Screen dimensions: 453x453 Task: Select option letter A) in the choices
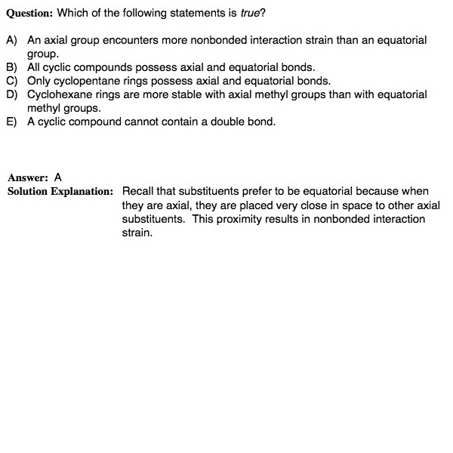pos(12,40)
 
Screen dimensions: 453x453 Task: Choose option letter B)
pos(12,67)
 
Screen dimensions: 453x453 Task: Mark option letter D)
pos(12,94)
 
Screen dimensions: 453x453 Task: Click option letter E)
pos(12,122)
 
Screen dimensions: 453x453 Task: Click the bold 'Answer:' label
pos(29,177)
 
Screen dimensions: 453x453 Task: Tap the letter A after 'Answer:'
pos(58,177)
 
